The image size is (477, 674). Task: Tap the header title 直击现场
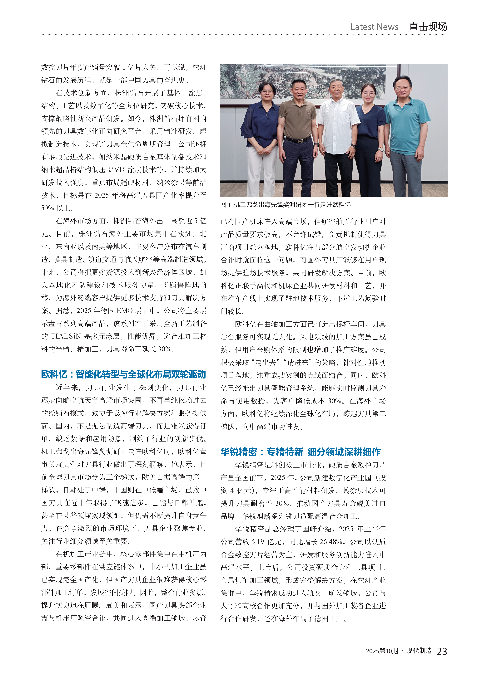click(x=428, y=27)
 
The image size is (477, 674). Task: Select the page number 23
click(x=442, y=651)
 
